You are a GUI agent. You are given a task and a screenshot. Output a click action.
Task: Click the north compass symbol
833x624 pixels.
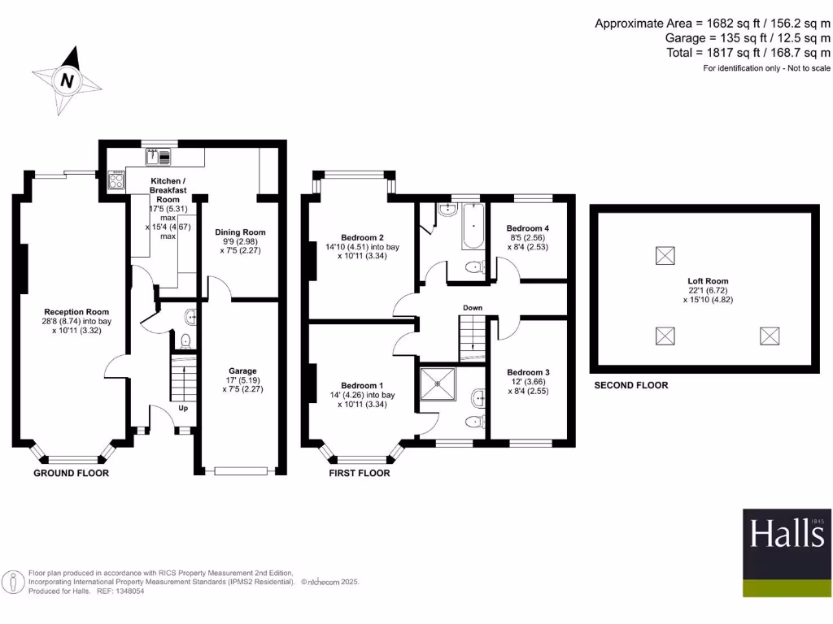[68, 80]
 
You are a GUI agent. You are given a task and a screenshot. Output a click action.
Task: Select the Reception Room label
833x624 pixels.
[76, 312]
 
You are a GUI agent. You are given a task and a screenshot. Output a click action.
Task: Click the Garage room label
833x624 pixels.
[242, 371]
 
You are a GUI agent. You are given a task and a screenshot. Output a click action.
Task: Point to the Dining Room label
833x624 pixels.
[242, 232]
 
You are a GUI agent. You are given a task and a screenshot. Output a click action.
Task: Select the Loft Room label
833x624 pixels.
[705, 280]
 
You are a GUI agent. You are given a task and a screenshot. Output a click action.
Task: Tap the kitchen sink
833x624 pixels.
[158, 156]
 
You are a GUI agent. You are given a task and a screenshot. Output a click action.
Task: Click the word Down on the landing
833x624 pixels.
[473, 308]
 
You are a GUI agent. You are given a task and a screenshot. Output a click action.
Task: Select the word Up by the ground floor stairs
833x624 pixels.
[184, 408]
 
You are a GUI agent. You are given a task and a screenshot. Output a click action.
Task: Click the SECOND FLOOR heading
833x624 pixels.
[630, 385]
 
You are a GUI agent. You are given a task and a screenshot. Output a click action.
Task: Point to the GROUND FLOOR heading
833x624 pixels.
[71, 473]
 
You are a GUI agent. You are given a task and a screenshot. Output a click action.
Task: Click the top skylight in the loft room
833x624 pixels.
[665, 256]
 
